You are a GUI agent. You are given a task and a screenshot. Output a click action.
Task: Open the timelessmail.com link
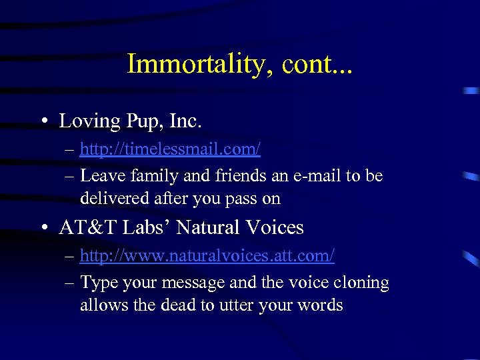(x=170, y=149)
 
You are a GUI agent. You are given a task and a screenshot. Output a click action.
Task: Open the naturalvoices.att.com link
(x=207, y=255)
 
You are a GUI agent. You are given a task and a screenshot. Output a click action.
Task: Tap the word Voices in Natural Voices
(x=274, y=228)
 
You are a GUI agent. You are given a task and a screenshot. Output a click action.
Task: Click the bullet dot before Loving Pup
(x=43, y=122)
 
